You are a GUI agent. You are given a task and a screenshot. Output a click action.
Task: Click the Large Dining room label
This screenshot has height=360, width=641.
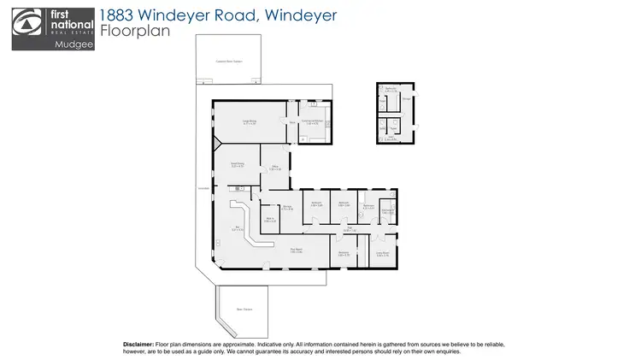[x=250, y=121]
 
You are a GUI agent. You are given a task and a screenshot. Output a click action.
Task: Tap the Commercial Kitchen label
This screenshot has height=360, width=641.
[x=311, y=122]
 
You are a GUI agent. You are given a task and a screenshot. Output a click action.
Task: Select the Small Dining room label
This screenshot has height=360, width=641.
[x=238, y=163]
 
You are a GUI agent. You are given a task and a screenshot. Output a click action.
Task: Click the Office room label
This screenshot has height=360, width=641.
[x=276, y=168]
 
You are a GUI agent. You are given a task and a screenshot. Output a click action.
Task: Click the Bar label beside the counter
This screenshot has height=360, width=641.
[x=238, y=227]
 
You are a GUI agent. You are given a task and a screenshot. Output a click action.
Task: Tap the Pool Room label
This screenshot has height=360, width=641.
[x=296, y=251]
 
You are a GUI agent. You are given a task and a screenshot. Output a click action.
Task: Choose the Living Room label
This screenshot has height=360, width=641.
[x=383, y=253]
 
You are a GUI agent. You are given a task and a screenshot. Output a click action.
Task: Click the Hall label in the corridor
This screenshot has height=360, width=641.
[x=348, y=228]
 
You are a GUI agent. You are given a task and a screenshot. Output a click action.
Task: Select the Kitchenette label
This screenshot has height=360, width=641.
[x=387, y=211]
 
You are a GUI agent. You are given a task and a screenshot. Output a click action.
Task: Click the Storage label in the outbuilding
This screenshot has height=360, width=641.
[x=407, y=99]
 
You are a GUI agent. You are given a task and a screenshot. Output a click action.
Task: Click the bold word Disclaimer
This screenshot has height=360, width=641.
[x=138, y=343]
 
